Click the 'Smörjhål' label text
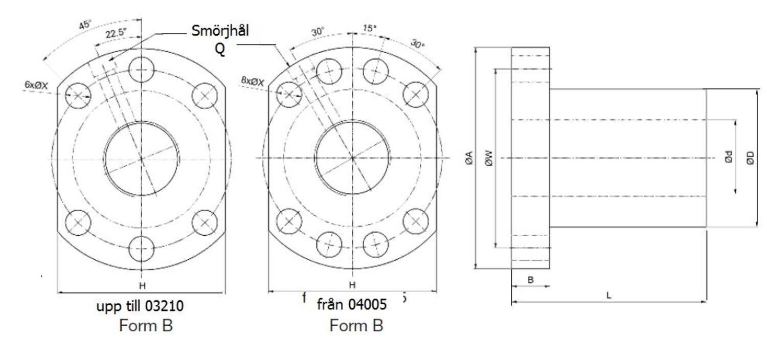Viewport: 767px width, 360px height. point(220,31)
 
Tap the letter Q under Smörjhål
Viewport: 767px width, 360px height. point(219,50)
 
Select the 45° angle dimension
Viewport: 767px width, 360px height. point(85,24)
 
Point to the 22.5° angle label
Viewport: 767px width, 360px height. point(116,34)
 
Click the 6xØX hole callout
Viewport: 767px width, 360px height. point(36,85)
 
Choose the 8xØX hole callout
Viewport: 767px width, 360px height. point(252,81)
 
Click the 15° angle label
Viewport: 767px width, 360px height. point(370,29)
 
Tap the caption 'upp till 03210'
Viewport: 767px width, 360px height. point(140,306)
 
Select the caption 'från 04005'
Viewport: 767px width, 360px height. point(352,305)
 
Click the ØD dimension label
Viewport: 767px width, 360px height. point(750,158)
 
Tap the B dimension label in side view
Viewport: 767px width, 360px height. point(530,280)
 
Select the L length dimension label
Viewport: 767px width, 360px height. point(608,296)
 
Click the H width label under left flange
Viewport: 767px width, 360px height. point(142,285)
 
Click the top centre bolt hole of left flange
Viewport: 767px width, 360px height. point(142,69)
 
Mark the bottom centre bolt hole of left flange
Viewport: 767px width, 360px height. point(142,249)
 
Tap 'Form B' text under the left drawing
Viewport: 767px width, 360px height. point(146,325)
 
